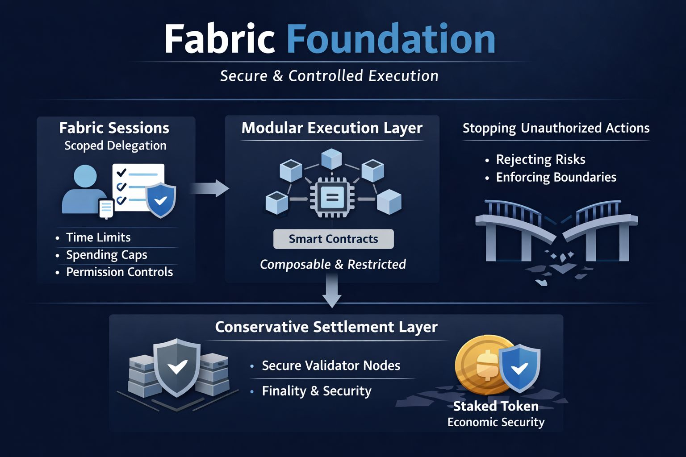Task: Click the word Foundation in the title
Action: point(391,39)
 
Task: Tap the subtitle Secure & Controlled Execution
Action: point(329,76)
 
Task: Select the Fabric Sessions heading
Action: point(114,128)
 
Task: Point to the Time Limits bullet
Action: point(98,237)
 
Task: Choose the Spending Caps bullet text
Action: point(106,255)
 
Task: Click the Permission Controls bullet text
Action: point(119,272)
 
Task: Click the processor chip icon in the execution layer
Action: point(332,197)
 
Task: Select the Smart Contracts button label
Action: point(333,239)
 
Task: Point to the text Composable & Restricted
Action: point(333,264)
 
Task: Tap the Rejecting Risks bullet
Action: point(540,159)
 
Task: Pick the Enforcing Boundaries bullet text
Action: point(556,177)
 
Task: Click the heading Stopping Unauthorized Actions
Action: point(556,128)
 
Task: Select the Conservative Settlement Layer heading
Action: point(326,327)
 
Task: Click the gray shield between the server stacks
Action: point(177,367)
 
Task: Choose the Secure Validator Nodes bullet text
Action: point(330,366)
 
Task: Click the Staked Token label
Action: point(496,406)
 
